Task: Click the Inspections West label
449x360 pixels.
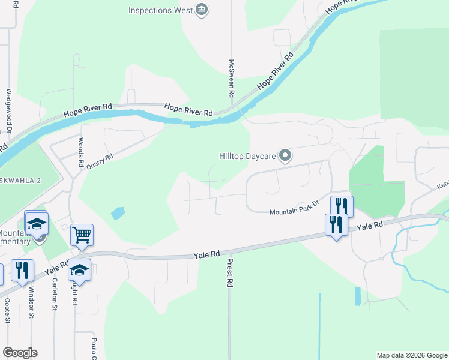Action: (x=160, y=10)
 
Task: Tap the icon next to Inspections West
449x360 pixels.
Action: (x=202, y=10)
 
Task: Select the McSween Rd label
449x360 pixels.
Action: (x=231, y=79)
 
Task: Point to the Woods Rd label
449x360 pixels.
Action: (x=80, y=152)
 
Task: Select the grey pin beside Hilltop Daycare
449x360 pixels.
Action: (x=285, y=157)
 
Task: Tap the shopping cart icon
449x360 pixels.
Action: (x=82, y=235)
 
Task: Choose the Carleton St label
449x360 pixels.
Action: (x=55, y=294)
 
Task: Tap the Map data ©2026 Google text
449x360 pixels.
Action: (x=411, y=355)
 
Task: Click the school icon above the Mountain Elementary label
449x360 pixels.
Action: (x=36, y=223)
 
